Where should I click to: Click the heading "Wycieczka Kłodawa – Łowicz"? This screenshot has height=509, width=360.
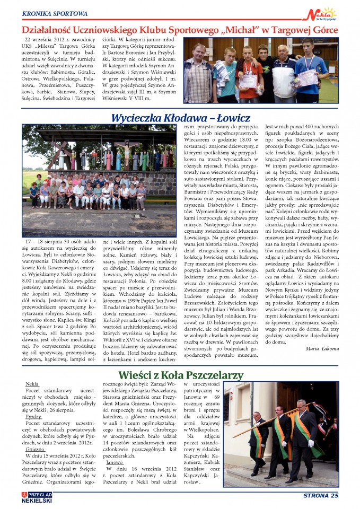click(180, 117)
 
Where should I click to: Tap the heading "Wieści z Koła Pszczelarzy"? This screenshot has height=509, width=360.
click(180, 375)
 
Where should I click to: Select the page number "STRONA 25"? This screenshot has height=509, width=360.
click(320, 496)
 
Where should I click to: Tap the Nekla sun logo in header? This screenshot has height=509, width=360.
click(325, 13)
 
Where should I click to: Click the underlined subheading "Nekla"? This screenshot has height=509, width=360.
click(32, 383)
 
